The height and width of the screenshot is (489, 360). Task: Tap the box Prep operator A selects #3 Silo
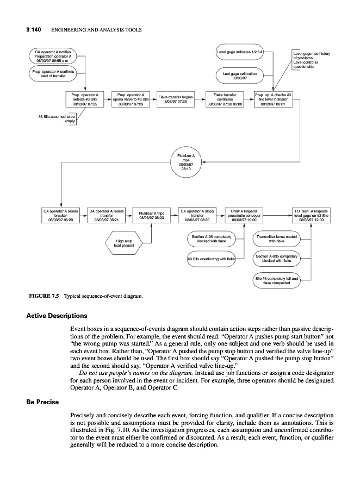click(85, 101)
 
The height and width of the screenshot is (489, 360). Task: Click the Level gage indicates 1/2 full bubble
click(240, 52)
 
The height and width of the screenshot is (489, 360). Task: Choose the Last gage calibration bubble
click(240, 74)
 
